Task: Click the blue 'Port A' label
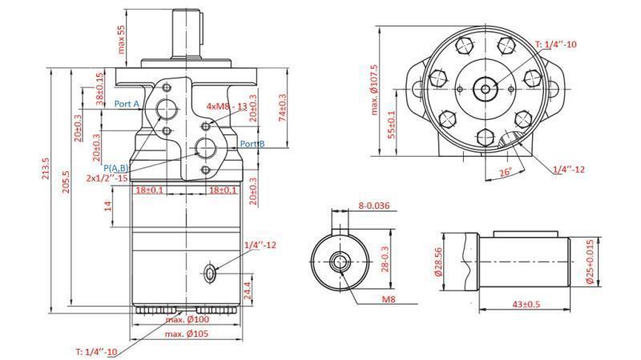[x=127, y=105]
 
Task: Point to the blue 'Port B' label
[x=252, y=144]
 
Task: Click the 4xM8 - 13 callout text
[x=227, y=106]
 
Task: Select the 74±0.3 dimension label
[x=282, y=108]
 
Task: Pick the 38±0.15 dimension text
[x=100, y=90]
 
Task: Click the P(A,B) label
[x=117, y=168]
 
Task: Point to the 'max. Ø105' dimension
[x=187, y=333]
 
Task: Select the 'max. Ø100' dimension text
[x=187, y=320]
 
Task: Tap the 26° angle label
[x=504, y=173]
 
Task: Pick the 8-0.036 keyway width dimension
[x=373, y=206]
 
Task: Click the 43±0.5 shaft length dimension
[x=526, y=304]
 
